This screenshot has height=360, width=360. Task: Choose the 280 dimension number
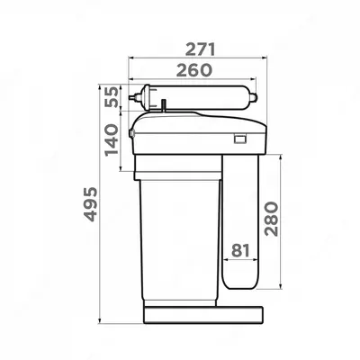click(273, 219)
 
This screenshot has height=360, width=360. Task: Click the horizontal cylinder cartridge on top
click(193, 98)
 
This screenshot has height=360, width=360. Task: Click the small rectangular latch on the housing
click(240, 138)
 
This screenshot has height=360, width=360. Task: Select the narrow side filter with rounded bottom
click(241, 220)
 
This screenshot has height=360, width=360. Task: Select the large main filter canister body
click(178, 234)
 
